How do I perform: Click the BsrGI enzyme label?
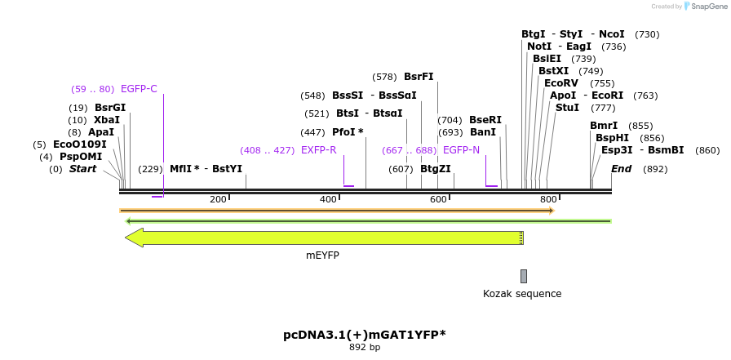110,108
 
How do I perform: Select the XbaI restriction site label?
106,120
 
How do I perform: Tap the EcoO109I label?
79,144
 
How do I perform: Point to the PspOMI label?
81,157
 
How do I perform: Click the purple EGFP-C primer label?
139,89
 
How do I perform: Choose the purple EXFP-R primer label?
318,150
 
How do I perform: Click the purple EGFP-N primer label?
461,150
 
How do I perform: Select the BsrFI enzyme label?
419,77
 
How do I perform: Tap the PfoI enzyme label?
348,132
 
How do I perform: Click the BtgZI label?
436,169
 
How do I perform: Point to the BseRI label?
485,120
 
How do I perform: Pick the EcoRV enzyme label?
560,83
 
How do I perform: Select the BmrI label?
604,126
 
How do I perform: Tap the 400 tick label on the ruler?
328,199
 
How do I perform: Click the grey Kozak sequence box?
524,277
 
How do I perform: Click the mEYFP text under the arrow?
322,256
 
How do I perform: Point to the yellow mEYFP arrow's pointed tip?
126,238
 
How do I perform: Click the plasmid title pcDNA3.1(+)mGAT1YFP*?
364,335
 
